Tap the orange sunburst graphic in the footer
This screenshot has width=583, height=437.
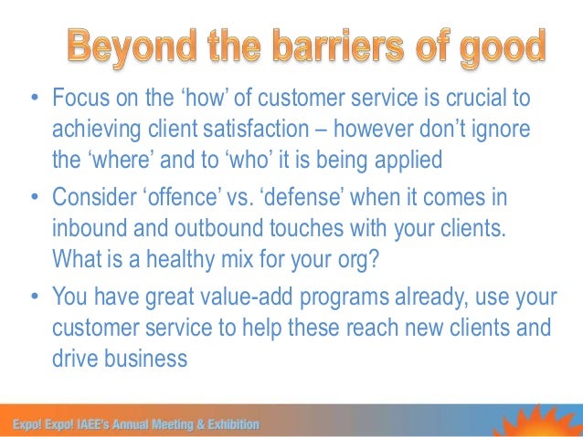click(x=544, y=419)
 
